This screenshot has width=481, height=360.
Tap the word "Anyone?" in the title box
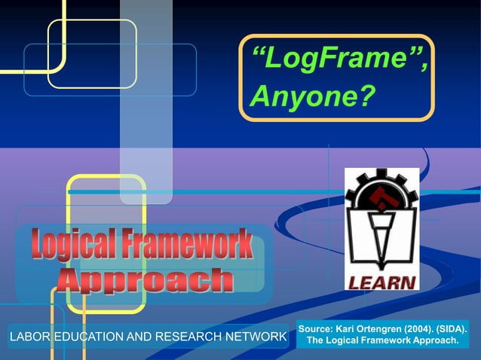point(311,96)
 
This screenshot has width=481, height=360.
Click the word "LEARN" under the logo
point(381,282)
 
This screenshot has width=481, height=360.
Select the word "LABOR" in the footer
point(28,337)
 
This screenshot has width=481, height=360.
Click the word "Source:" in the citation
point(317,330)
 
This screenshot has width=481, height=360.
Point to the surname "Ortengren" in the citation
point(381,330)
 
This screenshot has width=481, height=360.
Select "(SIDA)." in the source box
point(458,330)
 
